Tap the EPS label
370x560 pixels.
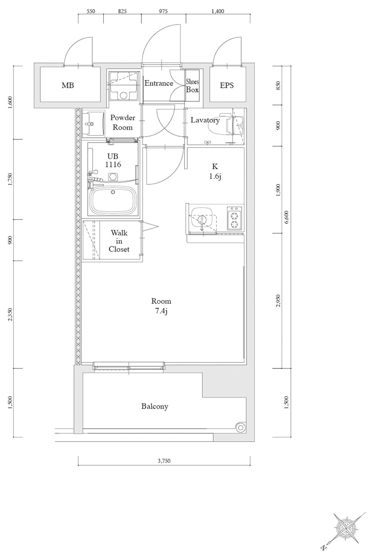click(x=227, y=85)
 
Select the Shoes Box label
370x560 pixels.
click(x=192, y=86)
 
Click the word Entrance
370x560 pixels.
click(x=159, y=83)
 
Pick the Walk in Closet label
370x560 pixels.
click(x=119, y=241)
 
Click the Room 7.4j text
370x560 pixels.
click(x=161, y=306)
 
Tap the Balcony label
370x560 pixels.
click(x=155, y=406)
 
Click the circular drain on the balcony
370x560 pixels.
click(x=240, y=427)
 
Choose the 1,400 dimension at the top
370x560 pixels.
click(x=218, y=12)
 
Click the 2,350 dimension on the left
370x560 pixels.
click(x=10, y=315)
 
